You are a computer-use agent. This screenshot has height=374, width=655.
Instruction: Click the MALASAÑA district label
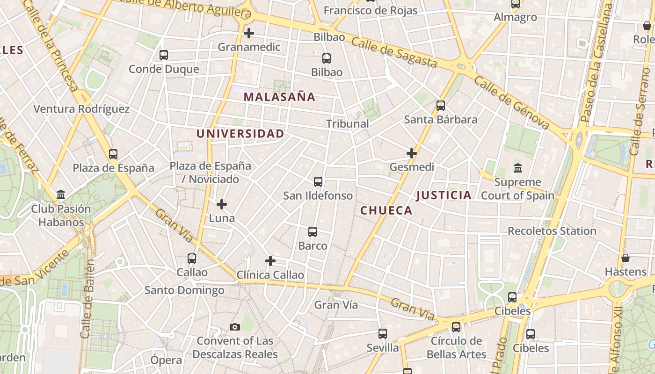pos(279,97)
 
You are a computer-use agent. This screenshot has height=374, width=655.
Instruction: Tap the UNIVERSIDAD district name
pos(240,134)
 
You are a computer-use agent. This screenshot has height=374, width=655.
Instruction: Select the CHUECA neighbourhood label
pos(386,210)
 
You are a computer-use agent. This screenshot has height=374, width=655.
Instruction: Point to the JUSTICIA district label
pos(444,195)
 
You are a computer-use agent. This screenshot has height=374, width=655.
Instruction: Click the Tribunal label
pos(347,124)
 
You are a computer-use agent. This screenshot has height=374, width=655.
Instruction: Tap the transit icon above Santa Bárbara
pos(440,106)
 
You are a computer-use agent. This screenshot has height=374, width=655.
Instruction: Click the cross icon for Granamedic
pos(249,33)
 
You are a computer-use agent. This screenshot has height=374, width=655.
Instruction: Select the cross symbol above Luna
pos(222,204)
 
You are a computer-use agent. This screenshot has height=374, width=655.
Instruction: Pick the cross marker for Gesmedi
pos(412,153)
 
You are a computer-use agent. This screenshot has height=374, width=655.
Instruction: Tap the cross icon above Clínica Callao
pos(270,261)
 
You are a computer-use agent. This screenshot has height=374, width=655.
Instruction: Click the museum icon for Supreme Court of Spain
pos(518,168)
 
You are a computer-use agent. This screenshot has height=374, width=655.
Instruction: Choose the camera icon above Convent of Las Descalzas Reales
pos(235,327)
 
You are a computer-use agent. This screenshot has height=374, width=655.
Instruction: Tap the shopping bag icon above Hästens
pos(626,258)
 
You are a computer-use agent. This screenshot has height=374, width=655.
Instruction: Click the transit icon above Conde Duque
pos(164,55)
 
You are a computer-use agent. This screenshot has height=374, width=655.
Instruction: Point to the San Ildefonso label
pos(318,195)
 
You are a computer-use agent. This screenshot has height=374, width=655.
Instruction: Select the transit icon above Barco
pos(313,232)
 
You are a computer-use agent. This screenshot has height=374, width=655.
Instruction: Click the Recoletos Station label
pos(552,231)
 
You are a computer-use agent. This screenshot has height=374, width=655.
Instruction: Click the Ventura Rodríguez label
pos(81,109)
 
